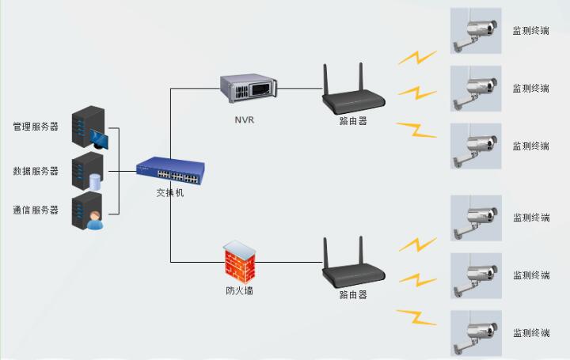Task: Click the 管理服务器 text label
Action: click(36, 127)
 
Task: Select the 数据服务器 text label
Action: click(36, 171)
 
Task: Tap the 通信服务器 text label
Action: click(36, 210)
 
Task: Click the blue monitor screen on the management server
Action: click(99, 139)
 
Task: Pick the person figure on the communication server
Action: click(95, 221)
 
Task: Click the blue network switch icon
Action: click(169, 170)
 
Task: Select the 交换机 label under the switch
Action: click(169, 192)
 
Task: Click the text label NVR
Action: click(245, 120)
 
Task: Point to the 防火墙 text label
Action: click(240, 291)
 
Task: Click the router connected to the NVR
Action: click(352, 96)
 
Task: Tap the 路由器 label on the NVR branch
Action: click(352, 121)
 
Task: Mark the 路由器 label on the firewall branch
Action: click(352, 294)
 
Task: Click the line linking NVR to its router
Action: click(296, 89)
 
